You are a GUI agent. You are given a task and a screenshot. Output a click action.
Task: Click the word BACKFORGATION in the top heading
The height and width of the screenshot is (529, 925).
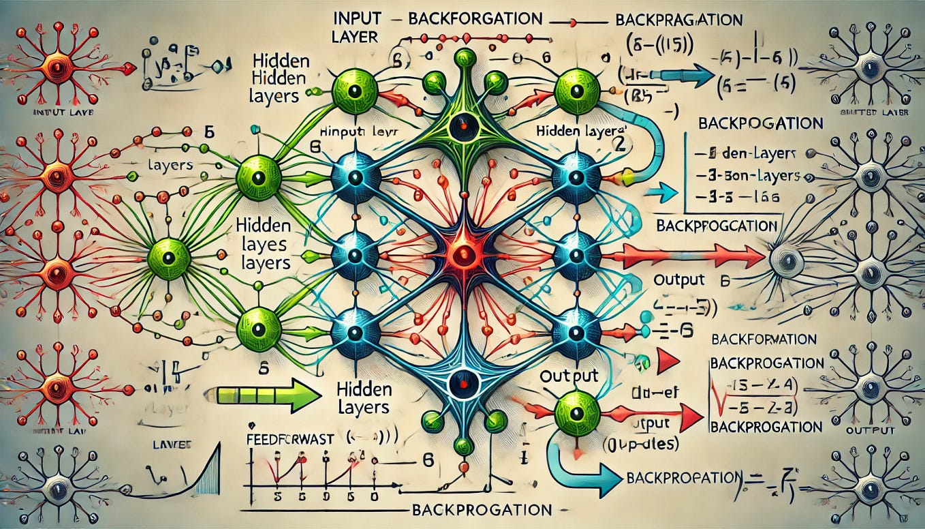tap(475, 18)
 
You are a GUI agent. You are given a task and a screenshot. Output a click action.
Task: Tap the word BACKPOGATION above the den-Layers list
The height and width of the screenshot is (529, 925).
tap(760, 124)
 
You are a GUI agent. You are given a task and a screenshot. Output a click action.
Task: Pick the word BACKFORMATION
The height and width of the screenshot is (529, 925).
tap(763, 339)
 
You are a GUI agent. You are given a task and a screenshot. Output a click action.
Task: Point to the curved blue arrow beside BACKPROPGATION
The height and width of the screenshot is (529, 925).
tap(575, 470)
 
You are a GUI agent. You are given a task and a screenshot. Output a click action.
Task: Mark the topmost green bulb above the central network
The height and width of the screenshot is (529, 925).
tap(465, 59)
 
